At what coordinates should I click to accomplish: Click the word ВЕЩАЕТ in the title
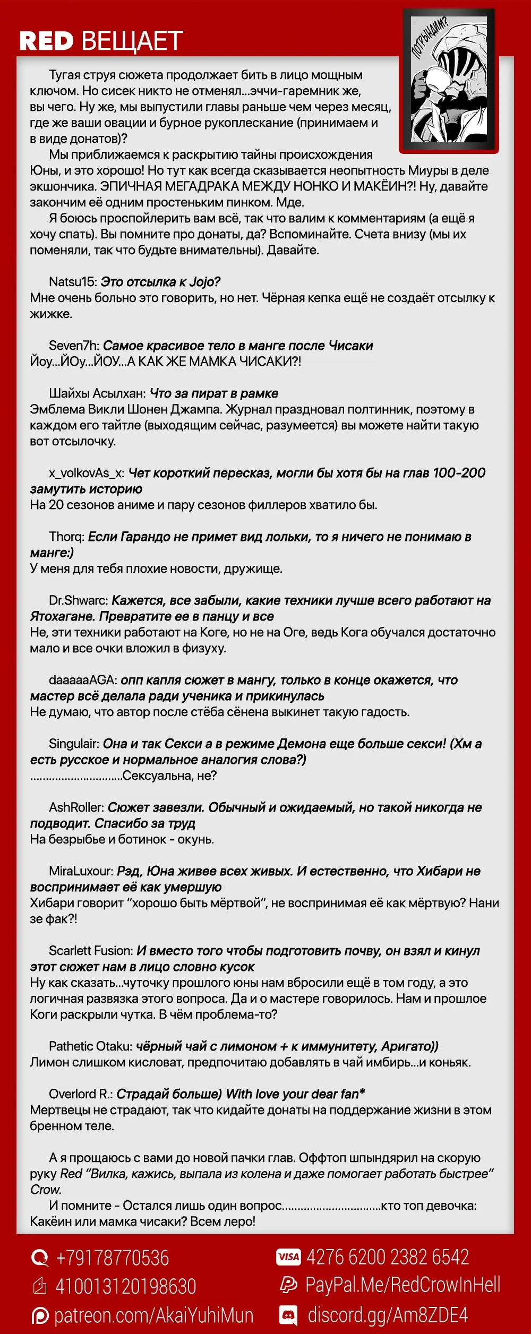click(x=133, y=41)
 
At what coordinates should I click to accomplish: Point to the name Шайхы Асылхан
click(x=97, y=393)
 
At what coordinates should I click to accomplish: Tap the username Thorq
click(x=66, y=537)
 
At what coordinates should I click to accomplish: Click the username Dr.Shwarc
click(x=78, y=600)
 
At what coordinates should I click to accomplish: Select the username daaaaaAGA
click(x=82, y=680)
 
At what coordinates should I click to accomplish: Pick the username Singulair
click(x=74, y=744)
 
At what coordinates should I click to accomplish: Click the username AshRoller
click(x=76, y=807)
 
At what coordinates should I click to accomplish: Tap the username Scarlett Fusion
click(x=90, y=951)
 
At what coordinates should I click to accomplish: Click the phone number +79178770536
click(x=112, y=1258)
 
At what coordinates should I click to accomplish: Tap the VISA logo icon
click(x=288, y=1256)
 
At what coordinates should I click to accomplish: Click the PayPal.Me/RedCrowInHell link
click(x=402, y=1285)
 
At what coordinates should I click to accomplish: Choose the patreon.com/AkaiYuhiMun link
click(x=153, y=1315)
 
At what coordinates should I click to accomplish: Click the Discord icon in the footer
click(x=288, y=1315)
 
